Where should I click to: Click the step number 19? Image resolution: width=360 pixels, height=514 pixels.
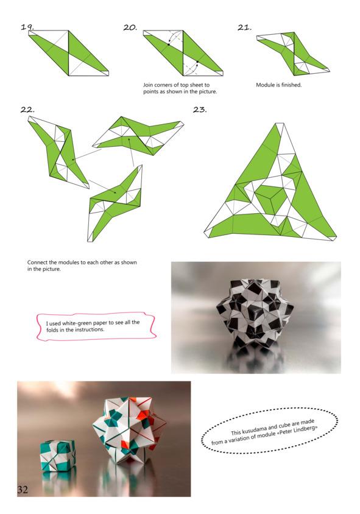click(x=27, y=27)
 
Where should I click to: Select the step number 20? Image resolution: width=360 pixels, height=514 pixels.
click(x=130, y=27)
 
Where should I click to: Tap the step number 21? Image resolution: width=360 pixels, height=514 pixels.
click(x=244, y=27)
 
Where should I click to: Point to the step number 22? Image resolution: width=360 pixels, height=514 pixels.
click(x=27, y=110)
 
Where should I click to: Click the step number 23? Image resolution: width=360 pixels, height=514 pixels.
click(x=200, y=110)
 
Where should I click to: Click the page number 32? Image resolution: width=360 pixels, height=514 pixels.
click(x=23, y=490)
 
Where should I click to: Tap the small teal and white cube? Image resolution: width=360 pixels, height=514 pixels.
click(x=58, y=456)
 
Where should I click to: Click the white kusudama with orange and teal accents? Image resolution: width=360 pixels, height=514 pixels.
click(x=128, y=429)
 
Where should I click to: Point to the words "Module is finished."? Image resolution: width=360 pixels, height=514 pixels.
click(x=279, y=85)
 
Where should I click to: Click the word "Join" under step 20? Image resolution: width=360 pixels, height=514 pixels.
click(x=148, y=85)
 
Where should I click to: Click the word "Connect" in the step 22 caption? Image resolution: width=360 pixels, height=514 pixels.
click(x=37, y=262)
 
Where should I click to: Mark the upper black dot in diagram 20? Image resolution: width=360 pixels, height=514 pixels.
click(x=169, y=44)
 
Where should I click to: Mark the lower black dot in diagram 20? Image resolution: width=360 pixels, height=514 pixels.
click(x=197, y=62)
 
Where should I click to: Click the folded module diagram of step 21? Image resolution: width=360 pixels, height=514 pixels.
click(x=293, y=53)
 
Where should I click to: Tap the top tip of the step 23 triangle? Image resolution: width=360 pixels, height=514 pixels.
click(x=280, y=123)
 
